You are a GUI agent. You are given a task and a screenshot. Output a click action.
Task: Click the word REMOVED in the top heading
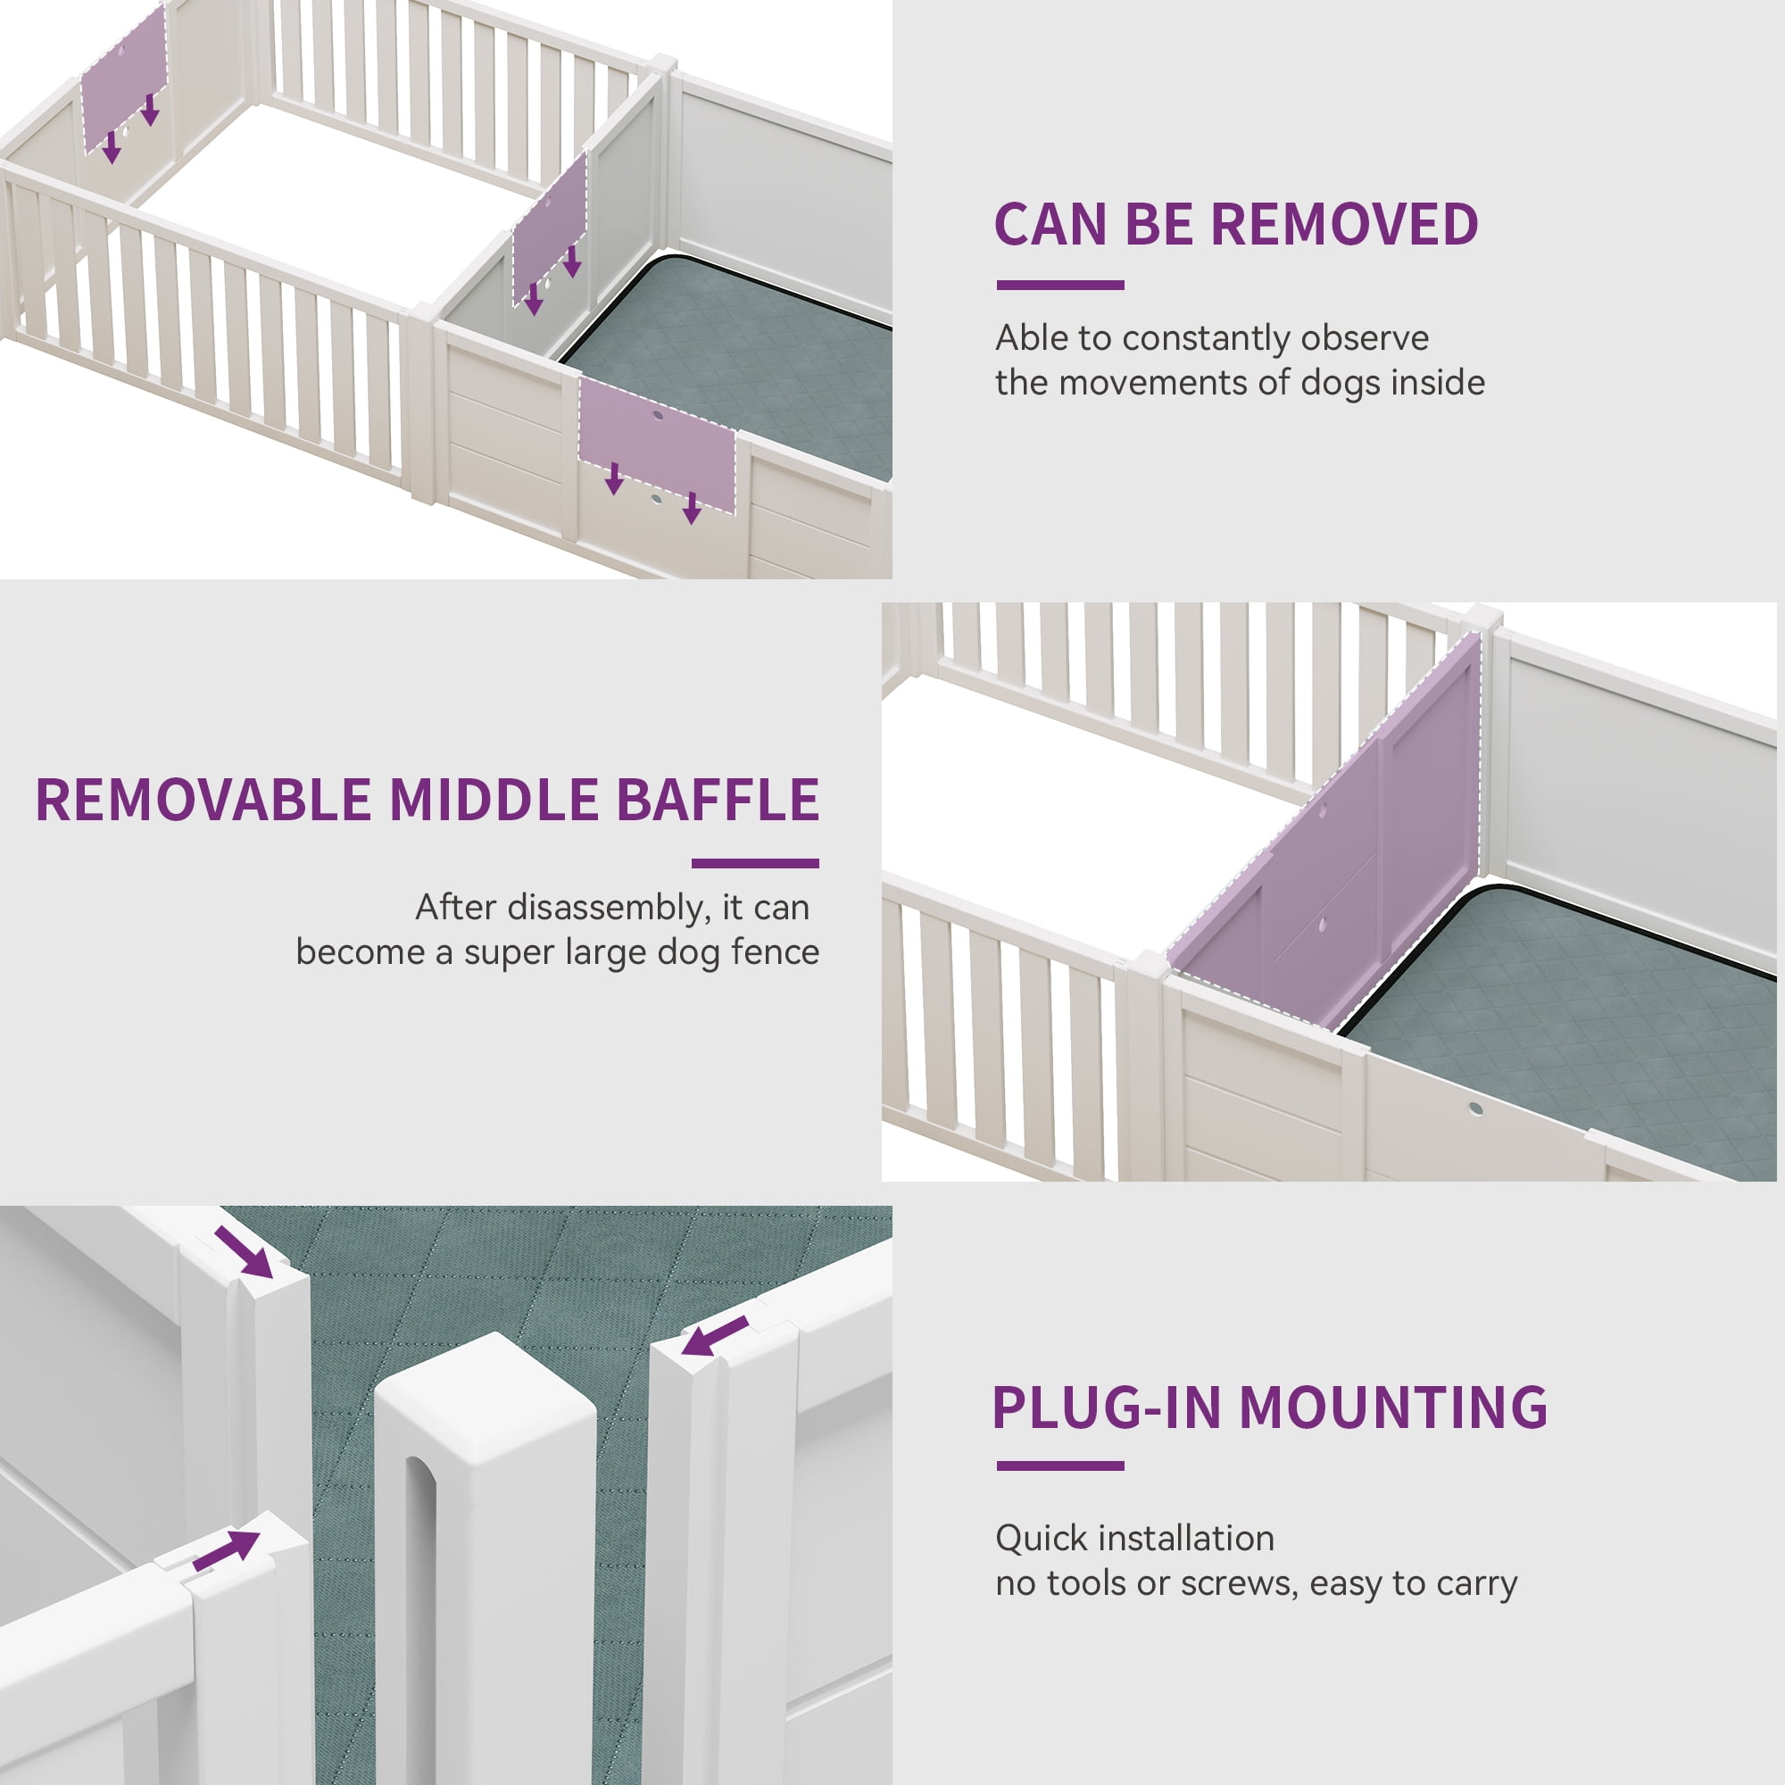click(x=1344, y=225)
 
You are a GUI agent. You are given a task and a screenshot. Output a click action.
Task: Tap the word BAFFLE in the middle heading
click(x=717, y=799)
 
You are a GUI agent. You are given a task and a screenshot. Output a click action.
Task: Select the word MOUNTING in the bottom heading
click(x=1393, y=1407)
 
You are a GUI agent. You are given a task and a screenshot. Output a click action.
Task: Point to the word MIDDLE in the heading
click(x=494, y=799)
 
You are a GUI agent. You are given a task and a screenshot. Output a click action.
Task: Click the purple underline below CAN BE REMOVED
click(x=1059, y=286)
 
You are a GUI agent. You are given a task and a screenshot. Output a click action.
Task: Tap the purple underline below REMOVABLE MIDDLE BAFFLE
click(x=755, y=863)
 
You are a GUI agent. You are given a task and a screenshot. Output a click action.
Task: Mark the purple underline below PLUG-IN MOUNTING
click(x=1059, y=1465)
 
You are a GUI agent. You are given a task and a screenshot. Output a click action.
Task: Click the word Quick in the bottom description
click(x=1042, y=1539)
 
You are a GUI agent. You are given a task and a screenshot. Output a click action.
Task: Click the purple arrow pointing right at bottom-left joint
click(x=228, y=1548)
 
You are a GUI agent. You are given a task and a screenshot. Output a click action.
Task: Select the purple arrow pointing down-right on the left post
click(x=244, y=1252)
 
